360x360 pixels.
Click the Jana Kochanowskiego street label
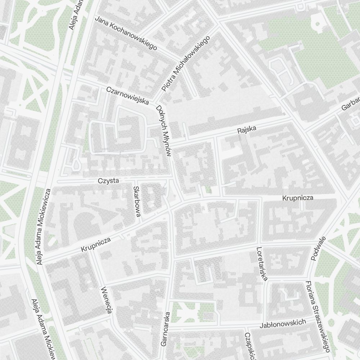coord(126,33)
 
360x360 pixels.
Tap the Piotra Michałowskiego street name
coord(186,64)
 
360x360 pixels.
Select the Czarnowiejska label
coord(128,96)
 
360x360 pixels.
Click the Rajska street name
coord(247,130)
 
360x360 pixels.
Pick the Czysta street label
coord(108,181)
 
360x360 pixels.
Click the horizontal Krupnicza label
coord(298,198)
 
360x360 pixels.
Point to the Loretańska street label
coord(262,264)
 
